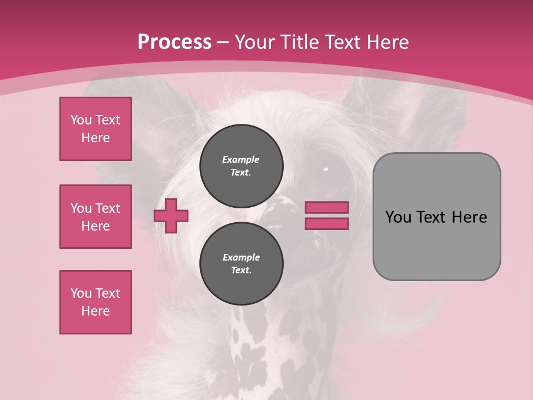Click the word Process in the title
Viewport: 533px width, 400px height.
pyautogui.click(x=174, y=42)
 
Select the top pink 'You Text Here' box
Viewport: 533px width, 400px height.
pyautogui.click(x=95, y=129)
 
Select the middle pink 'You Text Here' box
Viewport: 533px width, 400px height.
pyautogui.click(x=95, y=217)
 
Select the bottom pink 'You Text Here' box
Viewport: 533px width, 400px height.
pyautogui.click(x=95, y=302)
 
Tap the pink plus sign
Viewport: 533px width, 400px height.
pyautogui.click(x=171, y=216)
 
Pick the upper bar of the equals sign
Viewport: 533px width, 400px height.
pyautogui.click(x=326, y=207)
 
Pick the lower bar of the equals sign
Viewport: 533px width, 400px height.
pyautogui.click(x=326, y=223)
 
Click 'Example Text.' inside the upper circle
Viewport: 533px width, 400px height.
pyautogui.click(x=241, y=166)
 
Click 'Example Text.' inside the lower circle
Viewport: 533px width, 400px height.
pyautogui.click(x=241, y=264)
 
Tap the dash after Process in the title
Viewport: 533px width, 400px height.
pyautogui.click(x=223, y=42)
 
